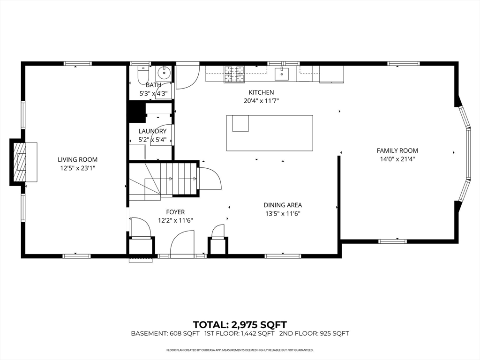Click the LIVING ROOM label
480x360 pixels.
pyautogui.click(x=78, y=159)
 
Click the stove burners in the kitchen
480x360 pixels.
pyautogui.click(x=235, y=72)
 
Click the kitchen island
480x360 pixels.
pyautogui.click(x=270, y=133)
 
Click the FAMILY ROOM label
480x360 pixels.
pyautogui.click(x=397, y=150)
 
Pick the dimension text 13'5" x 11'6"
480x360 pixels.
pyautogui.click(x=282, y=213)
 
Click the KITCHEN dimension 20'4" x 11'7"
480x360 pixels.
pyautogui.click(x=261, y=101)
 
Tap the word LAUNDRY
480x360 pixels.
pyautogui.click(x=152, y=131)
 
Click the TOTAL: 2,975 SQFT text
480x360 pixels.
pyautogui.click(x=240, y=324)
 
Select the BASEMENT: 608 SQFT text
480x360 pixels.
pyautogui.click(x=165, y=334)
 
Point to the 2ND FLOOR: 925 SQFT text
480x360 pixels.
pyautogui.click(x=314, y=334)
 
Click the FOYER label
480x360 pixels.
pyautogui.click(x=175, y=212)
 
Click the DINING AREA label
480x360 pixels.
pyautogui.click(x=283, y=205)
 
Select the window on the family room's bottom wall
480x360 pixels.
pyautogui.click(x=392, y=241)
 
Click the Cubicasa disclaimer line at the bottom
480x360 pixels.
pyautogui.click(x=240, y=350)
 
